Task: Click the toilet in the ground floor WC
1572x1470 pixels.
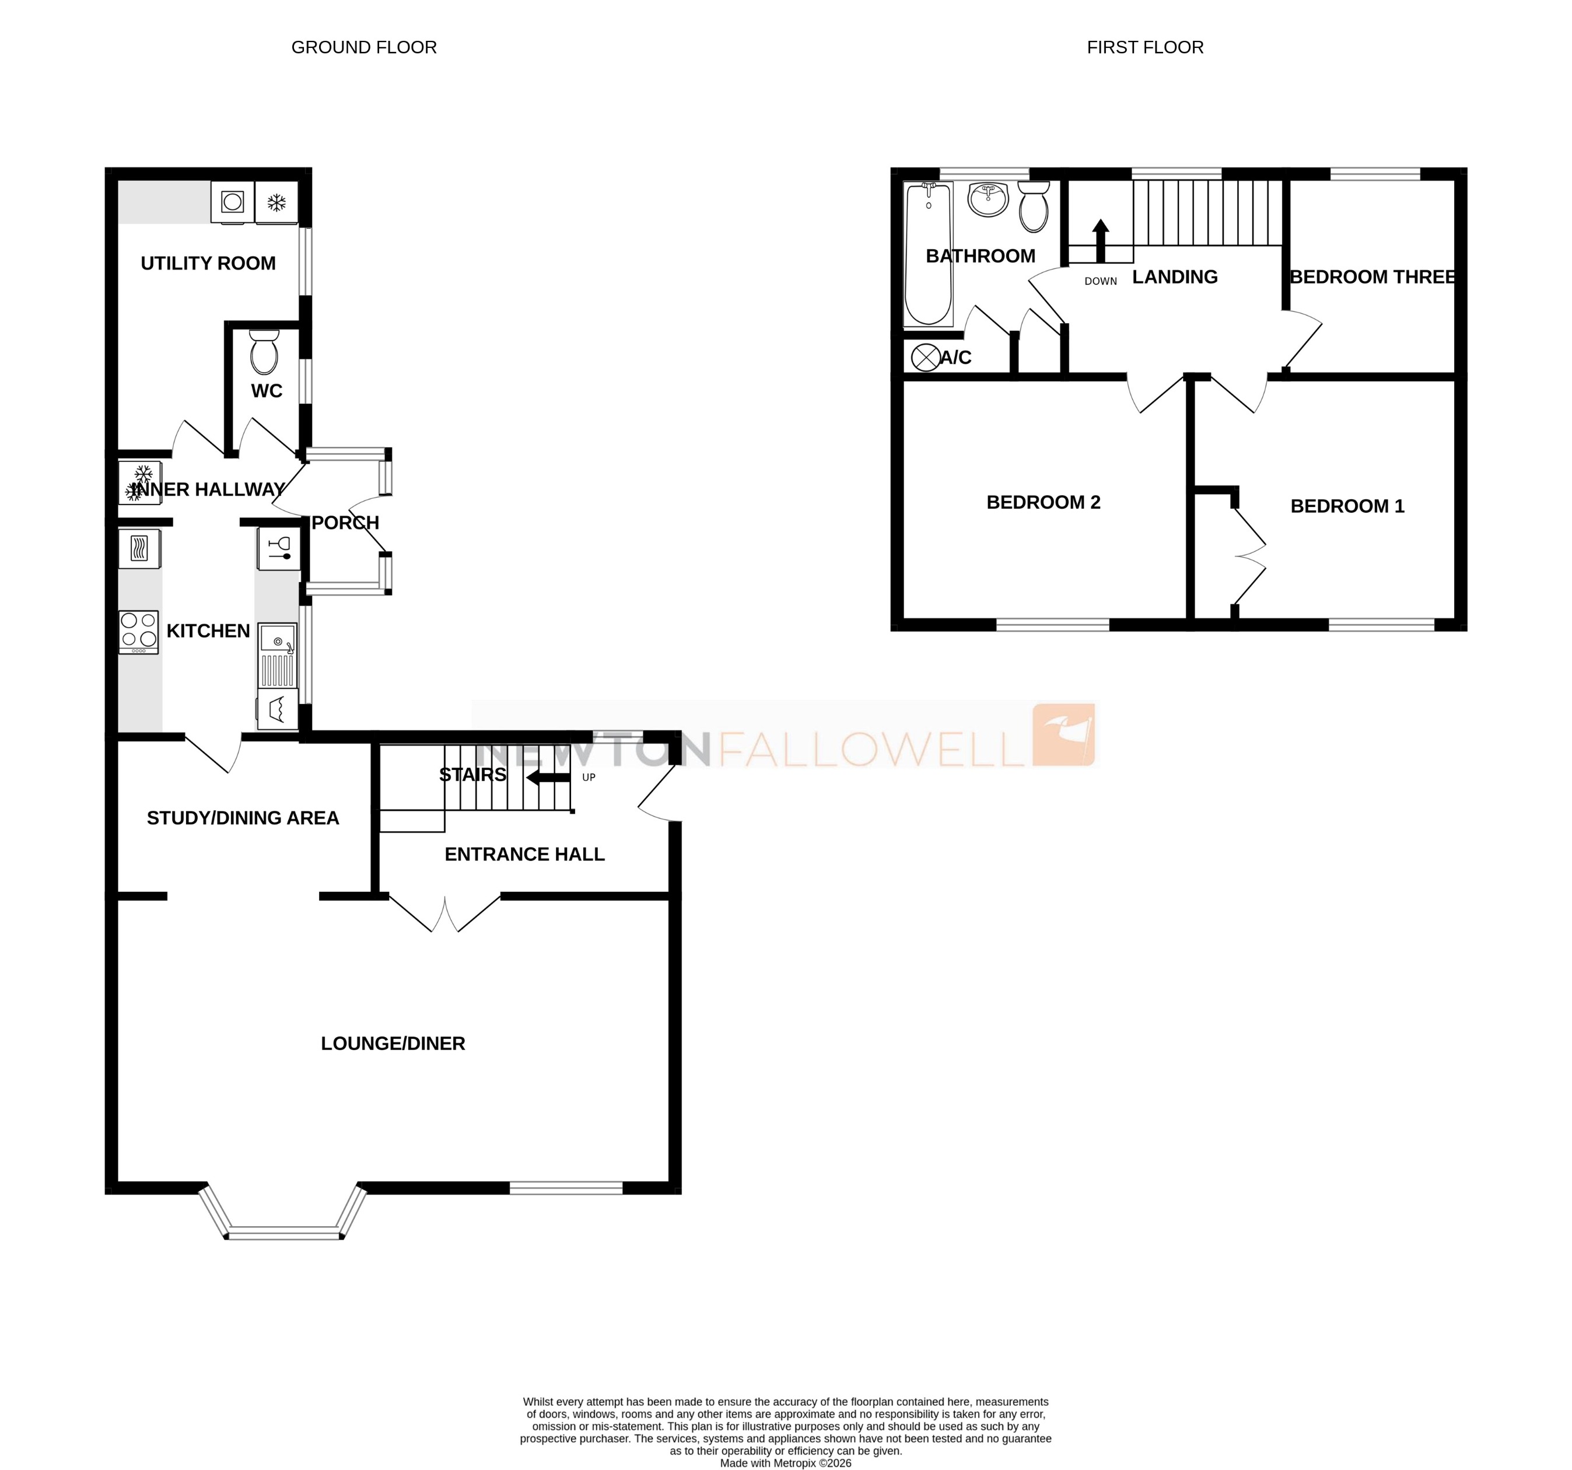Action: pos(264,353)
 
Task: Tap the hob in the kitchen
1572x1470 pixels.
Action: pos(138,631)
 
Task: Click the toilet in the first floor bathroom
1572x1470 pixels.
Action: pos(1034,207)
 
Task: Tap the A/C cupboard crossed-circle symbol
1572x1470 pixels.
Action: pos(925,358)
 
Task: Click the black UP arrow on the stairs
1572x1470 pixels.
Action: pos(549,778)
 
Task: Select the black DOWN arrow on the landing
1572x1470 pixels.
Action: pos(1100,240)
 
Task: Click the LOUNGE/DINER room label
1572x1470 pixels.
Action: pos(393,1043)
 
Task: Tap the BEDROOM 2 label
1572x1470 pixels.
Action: pos(1043,502)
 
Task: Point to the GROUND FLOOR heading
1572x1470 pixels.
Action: pos(364,47)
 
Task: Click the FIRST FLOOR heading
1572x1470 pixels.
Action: pos(1144,47)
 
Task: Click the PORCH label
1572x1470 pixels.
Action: pos(345,523)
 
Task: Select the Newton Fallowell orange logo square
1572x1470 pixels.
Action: pos(1065,734)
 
